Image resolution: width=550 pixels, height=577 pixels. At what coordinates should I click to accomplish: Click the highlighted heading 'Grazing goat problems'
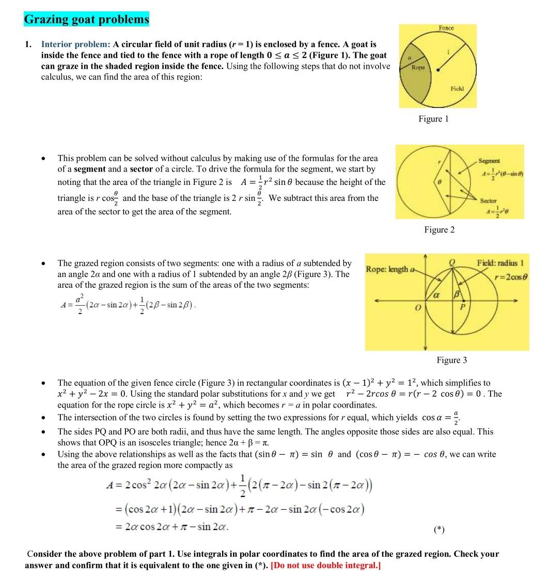[86, 20]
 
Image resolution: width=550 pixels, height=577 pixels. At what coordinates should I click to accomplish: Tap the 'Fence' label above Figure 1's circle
[446, 27]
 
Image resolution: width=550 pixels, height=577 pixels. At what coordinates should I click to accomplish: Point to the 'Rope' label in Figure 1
[417, 68]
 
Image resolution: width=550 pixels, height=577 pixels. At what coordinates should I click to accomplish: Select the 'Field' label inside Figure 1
[457, 88]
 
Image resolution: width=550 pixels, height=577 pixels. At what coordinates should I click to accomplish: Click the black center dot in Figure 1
[438, 69]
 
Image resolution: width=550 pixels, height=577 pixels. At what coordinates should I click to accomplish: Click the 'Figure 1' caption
[433, 119]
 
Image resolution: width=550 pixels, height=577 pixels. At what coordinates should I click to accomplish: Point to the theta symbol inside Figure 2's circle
[425, 183]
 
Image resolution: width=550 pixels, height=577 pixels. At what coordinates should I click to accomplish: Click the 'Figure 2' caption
[439, 229]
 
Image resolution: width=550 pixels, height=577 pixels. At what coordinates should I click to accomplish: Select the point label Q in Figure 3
[452, 262]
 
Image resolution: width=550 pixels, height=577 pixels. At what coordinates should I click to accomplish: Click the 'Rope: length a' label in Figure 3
[390, 269]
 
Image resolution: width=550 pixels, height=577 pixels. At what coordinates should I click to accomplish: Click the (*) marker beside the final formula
[439, 529]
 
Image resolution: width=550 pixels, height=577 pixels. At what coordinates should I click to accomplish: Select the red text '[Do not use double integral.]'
[325, 565]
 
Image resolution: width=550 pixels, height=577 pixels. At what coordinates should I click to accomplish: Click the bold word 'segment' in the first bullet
[89, 169]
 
